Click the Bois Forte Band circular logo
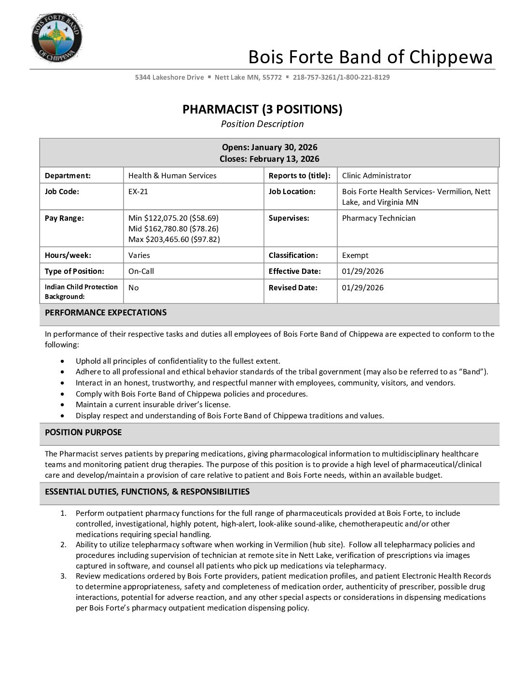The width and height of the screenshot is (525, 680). [x=56, y=38]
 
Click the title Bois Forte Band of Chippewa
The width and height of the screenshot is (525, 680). [x=370, y=57]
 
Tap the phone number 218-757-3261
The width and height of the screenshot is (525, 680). [x=314, y=77]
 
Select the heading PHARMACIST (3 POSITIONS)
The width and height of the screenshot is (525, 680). [x=262, y=109]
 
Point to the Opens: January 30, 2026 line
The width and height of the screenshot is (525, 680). [x=269, y=147]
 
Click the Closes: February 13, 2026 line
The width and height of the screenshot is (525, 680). [x=269, y=159]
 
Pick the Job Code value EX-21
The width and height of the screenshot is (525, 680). [x=138, y=192]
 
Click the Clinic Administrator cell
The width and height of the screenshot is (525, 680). [x=376, y=176]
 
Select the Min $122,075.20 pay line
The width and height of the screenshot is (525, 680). [x=173, y=218]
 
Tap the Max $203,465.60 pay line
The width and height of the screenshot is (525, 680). [x=174, y=240]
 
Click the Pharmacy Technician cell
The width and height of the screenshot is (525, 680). [x=378, y=218]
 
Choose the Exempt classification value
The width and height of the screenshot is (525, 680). [x=355, y=255]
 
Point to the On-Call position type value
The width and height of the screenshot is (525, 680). [x=141, y=271]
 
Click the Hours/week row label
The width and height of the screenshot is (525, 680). [x=68, y=255]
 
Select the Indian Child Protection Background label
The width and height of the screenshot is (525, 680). [x=81, y=292]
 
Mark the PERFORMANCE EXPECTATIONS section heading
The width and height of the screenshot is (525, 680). [x=106, y=313]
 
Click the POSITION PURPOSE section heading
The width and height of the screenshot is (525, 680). [x=83, y=433]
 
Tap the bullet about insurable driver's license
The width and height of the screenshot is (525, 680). [x=153, y=405]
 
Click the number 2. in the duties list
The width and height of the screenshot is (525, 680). [x=63, y=545]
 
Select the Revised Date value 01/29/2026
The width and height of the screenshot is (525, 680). [x=362, y=288]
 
